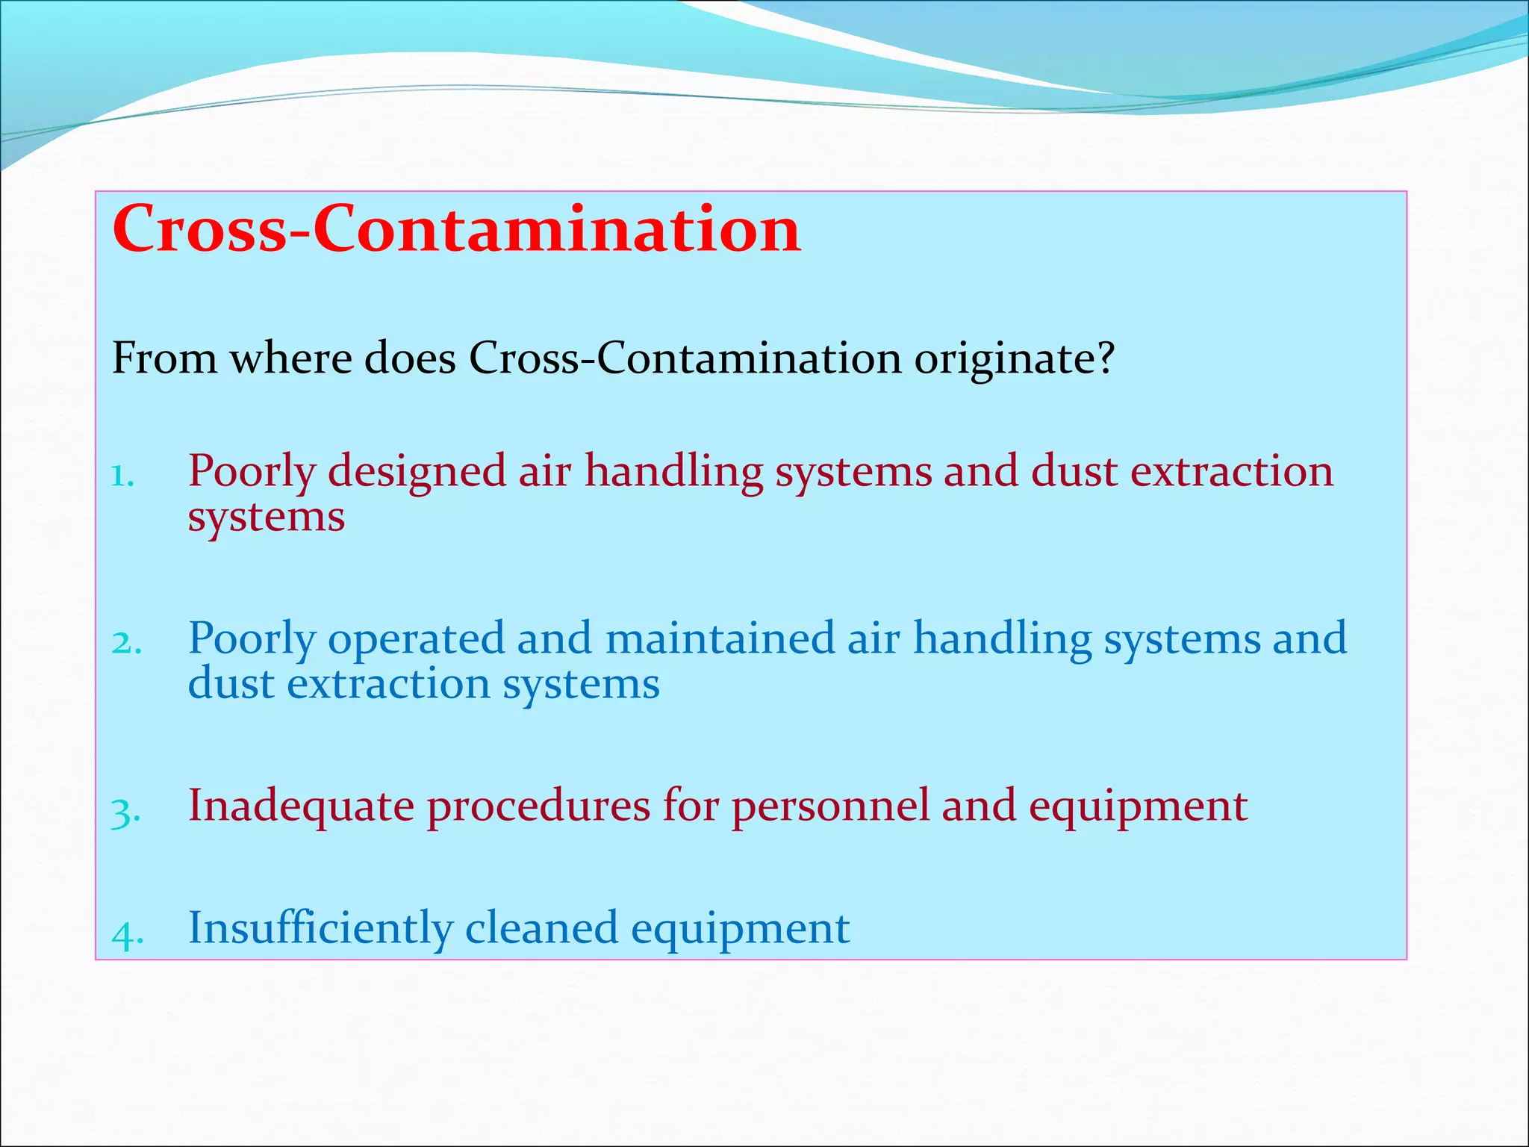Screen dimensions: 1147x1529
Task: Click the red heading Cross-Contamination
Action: pyautogui.click(x=456, y=229)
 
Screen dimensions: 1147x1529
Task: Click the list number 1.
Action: pyautogui.click(x=122, y=476)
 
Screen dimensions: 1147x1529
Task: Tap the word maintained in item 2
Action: pyautogui.click(x=720, y=639)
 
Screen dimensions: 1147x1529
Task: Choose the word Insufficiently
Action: pyautogui.click(x=320, y=928)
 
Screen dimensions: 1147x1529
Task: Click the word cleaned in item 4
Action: pyautogui.click(x=541, y=928)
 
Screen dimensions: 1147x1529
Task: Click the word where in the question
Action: pyautogui.click(x=290, y=358)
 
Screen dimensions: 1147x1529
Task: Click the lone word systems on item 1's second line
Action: pyautogui.click(x=266, y=517)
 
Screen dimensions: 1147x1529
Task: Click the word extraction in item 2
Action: pyautogui.click(x=388, y=684)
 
